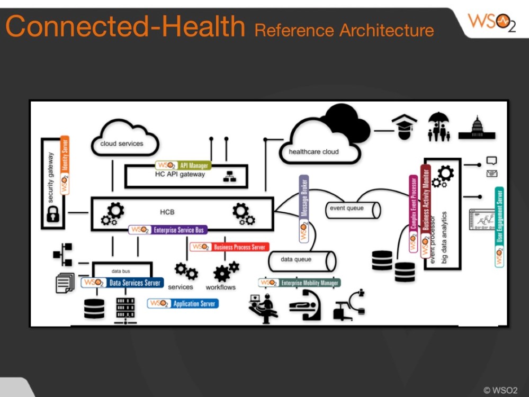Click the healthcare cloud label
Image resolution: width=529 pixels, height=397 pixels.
point(313,152)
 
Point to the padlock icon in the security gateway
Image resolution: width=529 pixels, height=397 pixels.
point(52,214)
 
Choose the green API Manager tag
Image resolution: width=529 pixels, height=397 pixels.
point(183,166)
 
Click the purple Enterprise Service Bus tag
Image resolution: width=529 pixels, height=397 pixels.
point(168,230)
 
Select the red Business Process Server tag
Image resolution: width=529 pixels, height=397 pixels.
point(229,247)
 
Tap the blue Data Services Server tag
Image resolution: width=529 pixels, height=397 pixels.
point(122,283)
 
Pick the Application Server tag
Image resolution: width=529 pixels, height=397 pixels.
point(183,304)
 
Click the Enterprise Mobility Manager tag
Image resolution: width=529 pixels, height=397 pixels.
point(299,283)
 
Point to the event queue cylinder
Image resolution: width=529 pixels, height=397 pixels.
point(353,210)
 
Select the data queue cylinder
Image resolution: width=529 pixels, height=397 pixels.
point(301,260)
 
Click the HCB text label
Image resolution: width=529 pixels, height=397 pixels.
point(167,212)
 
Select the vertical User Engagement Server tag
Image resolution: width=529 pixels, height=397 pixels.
point(499,227)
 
